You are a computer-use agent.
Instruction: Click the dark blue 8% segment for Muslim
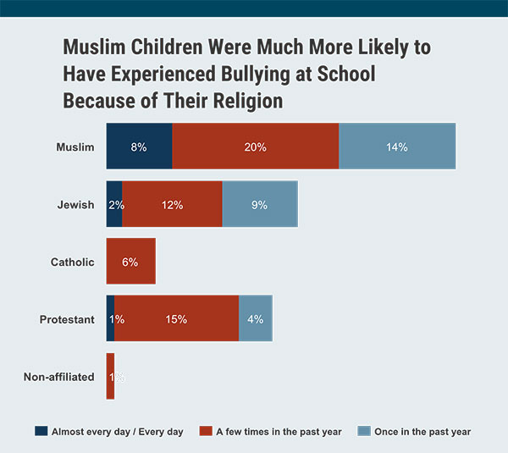coord(139,146)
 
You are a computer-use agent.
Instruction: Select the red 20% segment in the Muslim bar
coord(255,146)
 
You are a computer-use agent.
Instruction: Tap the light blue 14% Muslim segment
coord(397,146)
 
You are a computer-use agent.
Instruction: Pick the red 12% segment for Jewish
coord(172,204)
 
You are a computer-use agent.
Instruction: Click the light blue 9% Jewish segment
coord(260,204)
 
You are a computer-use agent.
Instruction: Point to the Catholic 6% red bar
coord(130,262)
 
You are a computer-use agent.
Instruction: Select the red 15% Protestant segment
coord(176,319)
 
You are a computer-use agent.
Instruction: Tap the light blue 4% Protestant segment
coord(256,319)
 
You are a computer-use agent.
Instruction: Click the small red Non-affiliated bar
coord(110,377)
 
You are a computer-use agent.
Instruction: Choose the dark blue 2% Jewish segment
coord(113,204)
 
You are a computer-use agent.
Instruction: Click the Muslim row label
coord(75,146)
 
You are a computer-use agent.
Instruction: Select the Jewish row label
coord(75,204)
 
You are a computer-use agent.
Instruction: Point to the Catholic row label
coord(72,262)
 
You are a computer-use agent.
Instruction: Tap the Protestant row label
coord(67,319)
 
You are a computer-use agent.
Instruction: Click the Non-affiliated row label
coord(58,377)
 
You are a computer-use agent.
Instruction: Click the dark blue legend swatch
coord(41,431)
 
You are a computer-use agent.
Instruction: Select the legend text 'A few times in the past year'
coord(278,432)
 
